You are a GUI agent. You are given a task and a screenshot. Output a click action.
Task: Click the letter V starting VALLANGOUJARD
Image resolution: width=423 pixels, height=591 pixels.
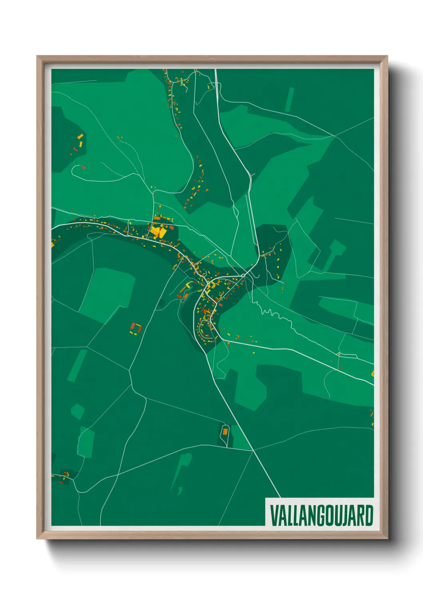(275, 516)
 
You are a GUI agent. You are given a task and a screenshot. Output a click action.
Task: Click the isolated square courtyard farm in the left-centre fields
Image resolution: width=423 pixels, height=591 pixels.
(136, 329)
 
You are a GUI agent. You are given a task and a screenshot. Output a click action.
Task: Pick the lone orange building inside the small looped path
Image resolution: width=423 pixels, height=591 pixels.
(225, 431)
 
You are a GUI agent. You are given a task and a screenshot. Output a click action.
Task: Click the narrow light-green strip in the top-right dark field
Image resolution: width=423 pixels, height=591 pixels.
(289, 99)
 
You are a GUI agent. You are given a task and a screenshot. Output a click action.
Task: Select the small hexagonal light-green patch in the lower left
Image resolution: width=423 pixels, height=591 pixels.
(77, 411)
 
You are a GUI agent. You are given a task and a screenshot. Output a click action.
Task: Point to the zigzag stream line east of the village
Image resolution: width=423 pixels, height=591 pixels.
(280, 315)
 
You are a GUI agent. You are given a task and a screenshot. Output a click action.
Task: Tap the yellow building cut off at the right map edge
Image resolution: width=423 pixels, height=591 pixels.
(373, 374)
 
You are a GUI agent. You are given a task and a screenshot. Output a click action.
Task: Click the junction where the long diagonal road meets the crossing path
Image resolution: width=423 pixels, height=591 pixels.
(253, 450)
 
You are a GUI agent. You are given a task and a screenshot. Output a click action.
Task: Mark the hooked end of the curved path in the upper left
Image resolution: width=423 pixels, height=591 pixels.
(73, 170)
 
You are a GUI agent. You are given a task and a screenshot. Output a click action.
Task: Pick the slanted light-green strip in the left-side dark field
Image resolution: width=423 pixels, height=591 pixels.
(77, 366)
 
